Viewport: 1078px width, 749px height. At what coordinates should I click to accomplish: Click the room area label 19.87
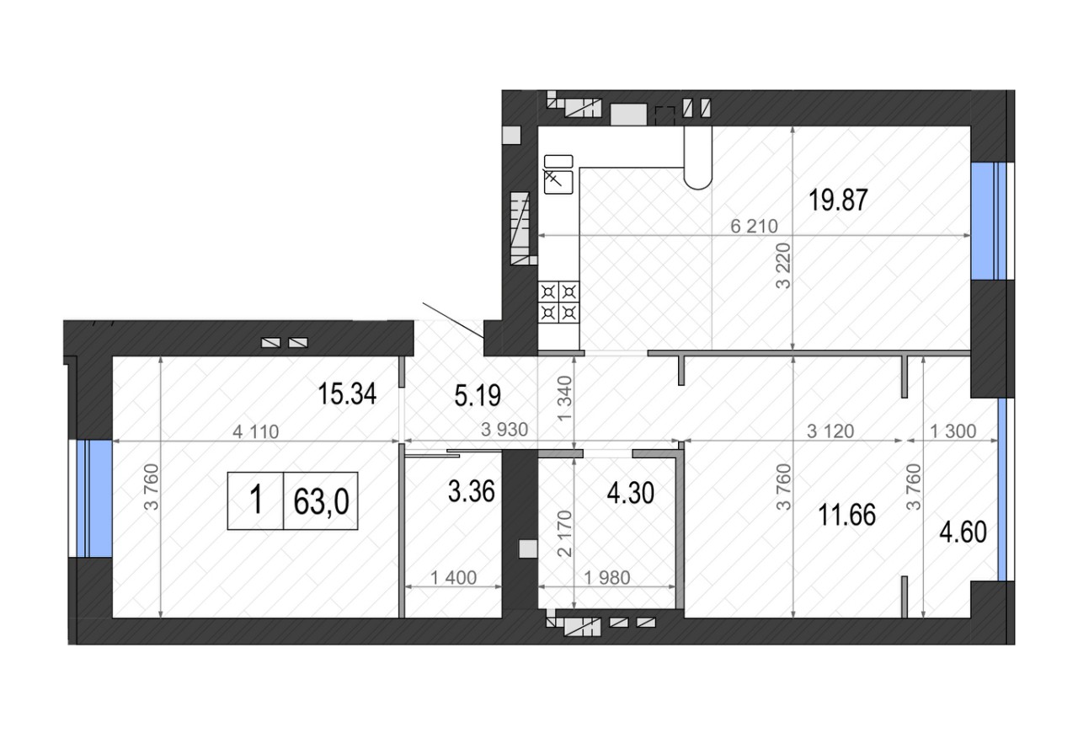(838, 201)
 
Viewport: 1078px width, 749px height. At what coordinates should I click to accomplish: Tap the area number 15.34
(347, 393)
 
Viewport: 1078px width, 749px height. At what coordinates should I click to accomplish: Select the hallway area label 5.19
(478, 396)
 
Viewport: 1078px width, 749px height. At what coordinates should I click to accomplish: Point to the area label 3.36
(471, 491)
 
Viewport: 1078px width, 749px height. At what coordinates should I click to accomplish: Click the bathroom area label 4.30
(631, 493)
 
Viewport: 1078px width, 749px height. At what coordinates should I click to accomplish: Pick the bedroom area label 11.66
(846, 515)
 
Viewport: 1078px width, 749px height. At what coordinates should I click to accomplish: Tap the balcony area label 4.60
(963, 532)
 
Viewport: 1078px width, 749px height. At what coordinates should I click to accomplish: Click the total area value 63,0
(321, 501)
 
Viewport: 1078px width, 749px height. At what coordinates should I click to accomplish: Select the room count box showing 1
(256, 500)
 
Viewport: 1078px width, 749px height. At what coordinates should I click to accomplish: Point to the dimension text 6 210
(754, 227)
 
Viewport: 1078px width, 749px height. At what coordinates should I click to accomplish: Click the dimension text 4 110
(255, 431)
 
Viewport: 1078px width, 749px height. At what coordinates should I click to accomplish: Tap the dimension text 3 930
(504, 430)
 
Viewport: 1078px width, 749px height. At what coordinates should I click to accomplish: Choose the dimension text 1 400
(453, 578)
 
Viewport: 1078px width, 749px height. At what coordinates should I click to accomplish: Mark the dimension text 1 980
(607, 578)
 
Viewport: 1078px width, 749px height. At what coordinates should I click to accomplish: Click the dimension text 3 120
(830, 431)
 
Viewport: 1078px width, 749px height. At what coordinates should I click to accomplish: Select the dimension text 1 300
(953, 431)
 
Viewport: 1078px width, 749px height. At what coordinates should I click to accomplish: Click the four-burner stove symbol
(558, 302)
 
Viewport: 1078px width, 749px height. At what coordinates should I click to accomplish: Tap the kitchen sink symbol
(558, 174)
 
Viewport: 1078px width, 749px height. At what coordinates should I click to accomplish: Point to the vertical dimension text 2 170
(564, 533)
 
